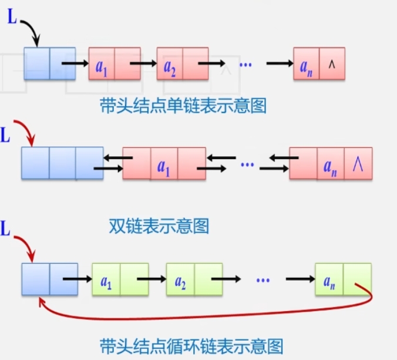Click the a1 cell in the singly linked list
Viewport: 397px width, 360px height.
click(x=102, y=63)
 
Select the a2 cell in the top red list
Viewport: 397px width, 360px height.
click(x=170, y=63)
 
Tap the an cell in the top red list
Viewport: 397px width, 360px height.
click(x=306, y=63)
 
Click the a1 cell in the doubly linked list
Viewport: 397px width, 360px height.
click(x=164, y=164)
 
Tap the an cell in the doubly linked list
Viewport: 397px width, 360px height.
click(x=331, y=164)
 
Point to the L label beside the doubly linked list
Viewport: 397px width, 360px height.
click(x=5, y=136)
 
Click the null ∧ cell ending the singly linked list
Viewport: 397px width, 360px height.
click(x=332, y=63)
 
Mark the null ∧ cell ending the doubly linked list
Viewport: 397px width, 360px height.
click(x=358, y=164)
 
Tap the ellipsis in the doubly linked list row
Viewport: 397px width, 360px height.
click(x=249, y=163)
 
